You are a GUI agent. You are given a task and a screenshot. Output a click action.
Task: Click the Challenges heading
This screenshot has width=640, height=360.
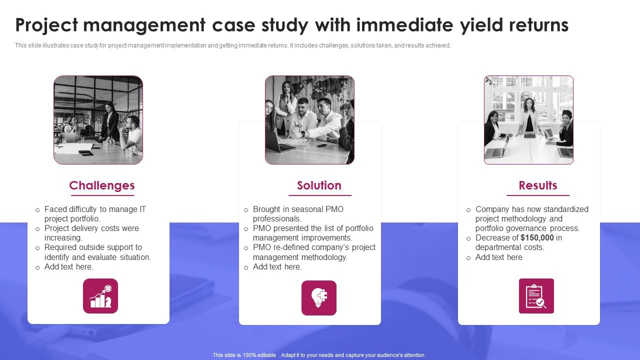pyautogui.click(x=102, y=185)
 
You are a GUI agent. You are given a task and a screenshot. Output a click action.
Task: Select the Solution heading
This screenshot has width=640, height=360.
pyautogui.click(x=319, y=185)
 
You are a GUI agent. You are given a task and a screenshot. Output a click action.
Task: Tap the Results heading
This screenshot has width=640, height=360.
pyautogui.click(x=537, y=185)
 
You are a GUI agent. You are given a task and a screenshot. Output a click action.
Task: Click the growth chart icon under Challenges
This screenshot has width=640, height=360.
pyautogui.click(x=100, y=296)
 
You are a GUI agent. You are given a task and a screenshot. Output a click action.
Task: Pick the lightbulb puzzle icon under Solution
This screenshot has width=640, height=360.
pyautogui.click(x=319, y=297)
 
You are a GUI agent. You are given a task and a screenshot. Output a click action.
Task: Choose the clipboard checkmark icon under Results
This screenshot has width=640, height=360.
pyautogui.click(x=536, y=296)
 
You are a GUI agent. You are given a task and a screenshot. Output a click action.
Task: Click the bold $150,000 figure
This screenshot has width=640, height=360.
pyautogui.click(x=537, y=238)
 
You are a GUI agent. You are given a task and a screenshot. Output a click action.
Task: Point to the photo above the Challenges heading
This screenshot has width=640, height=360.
pyautogui.click(x=98, y=120)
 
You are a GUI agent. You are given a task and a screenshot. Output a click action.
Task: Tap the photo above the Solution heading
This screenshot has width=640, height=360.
pyautogui.click(x=309, y=120)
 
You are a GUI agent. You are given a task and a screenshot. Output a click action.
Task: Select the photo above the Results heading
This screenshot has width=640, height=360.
pyautogui.click(x=528, y=120)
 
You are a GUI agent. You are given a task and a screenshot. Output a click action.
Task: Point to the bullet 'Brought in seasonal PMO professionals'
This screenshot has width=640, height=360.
pyautogui.click(x=298, y=214)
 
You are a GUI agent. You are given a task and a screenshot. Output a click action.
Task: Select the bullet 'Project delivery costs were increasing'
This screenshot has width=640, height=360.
pyautogui.click(x=91, y=233)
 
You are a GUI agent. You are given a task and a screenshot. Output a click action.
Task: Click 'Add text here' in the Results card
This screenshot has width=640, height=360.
pyautogui.click(x=498, y=257)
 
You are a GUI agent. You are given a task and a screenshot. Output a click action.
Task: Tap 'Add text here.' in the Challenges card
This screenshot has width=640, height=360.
pyautogui.click(x=68, y=267)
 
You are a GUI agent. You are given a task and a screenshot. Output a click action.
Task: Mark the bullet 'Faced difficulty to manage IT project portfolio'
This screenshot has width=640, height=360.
pyautogui.click(x=95, y=214)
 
